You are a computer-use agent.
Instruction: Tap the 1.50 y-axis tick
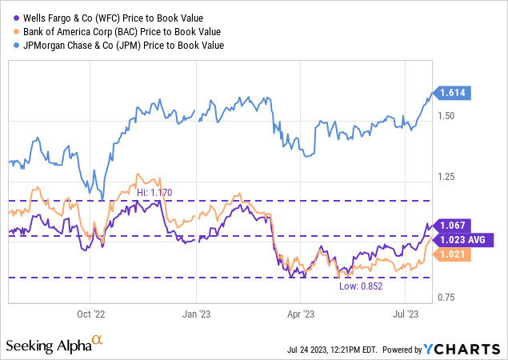coord(449,116)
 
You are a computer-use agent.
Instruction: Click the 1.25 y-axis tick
coord(449,177)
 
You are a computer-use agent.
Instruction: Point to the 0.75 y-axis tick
coord(449,298)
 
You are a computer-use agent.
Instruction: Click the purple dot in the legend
coord(16,17)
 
